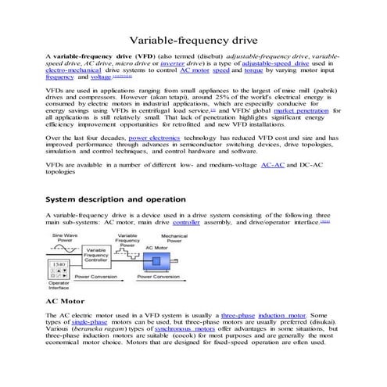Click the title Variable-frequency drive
pos(193,40)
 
